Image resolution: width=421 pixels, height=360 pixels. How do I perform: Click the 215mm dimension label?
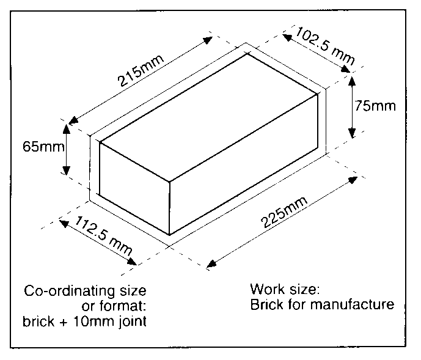click(141, 71)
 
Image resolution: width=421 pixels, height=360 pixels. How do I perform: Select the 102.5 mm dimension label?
click(325, 46)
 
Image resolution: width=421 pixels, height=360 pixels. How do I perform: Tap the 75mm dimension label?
click(375, 106)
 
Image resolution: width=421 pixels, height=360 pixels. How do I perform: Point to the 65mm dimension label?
click(43, 147)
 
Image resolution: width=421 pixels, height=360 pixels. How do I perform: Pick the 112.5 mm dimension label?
click(104, 235)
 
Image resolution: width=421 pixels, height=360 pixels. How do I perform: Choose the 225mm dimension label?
click(284, 212)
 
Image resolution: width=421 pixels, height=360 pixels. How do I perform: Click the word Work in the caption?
click(268, 289)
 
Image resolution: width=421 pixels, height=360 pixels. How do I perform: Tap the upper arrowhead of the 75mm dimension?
click(352, 81)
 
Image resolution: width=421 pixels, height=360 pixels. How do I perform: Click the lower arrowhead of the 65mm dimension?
click(67, 171)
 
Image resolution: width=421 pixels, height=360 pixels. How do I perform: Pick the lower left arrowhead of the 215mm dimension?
click(73, 120)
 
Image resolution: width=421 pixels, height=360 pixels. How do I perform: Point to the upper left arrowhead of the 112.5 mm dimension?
click(64, 223)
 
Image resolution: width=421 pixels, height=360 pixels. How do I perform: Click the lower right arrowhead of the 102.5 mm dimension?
click(346, 69)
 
